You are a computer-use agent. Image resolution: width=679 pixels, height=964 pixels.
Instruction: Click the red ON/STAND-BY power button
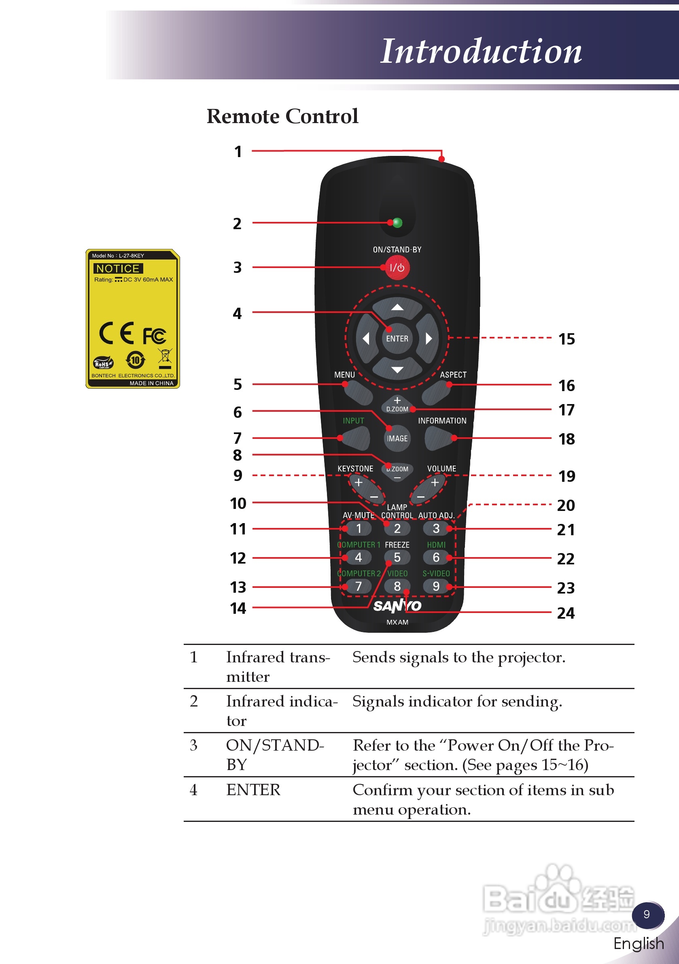[x=397, y=268]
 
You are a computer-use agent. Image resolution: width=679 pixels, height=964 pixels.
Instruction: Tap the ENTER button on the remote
[x=397, y=338]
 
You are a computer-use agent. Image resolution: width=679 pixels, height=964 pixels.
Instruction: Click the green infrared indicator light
[x=397, y=223]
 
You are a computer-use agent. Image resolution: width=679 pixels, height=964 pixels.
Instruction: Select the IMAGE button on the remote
[x=397, y=438]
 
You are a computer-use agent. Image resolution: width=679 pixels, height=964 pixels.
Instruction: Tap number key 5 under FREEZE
[x=397, y=558]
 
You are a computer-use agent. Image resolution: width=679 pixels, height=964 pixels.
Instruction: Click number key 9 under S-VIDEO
[x=436, y=586]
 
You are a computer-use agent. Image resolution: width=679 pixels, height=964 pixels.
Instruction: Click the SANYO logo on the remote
[x=397, y=605]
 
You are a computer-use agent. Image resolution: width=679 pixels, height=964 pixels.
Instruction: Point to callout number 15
[x=566, y=339]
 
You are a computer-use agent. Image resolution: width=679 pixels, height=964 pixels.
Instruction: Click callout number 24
[x=565, y=613]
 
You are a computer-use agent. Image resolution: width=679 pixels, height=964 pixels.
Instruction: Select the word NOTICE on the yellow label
[x=118, y=268]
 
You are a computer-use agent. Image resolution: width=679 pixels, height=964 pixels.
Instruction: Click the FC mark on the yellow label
[x=155, y=336]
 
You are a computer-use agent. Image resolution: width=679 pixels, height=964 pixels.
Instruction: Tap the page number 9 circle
[x=647, y=915]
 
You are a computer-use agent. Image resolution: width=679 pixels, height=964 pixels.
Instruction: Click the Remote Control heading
[x=282, y=116]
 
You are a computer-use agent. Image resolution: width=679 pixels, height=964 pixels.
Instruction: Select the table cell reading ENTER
[x=253, y=790]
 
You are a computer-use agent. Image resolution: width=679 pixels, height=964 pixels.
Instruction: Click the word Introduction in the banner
[x=480, y=51]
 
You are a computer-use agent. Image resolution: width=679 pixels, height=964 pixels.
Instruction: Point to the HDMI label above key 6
[x=436, y=545]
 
